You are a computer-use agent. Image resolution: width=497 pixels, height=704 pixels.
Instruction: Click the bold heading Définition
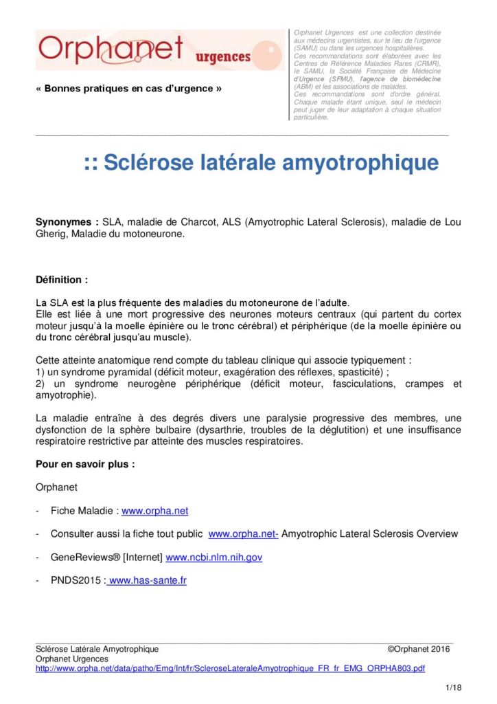[62, 280]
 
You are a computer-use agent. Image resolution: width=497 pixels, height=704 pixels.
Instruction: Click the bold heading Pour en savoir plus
[85, 464]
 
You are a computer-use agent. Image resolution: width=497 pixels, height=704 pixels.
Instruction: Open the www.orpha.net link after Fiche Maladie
[154, 511]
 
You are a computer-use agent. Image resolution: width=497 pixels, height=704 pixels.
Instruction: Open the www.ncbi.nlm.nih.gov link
[214, 557]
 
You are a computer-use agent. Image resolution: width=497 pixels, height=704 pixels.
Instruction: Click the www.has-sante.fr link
[147, 580]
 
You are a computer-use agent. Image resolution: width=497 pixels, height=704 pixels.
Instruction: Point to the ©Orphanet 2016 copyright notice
[419, 649]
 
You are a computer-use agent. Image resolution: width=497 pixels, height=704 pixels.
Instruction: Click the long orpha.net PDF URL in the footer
[230, 668]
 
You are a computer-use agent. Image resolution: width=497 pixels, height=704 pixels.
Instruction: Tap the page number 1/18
[453, 687]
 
